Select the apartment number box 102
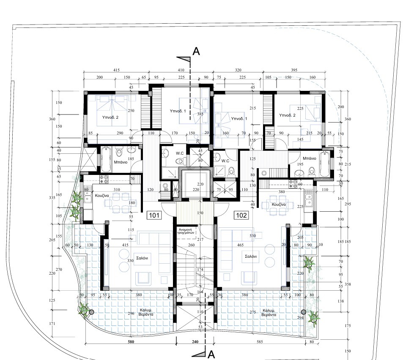pyautogui.click(x=241, y=215)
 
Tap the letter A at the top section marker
pyautogui.click(x=196, y=52)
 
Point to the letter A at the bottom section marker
pyautogui.click(x=211, y=353)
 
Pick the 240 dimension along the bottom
pyautogui.click(x=195, y=342)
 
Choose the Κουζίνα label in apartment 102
pyautogui.click(x=279, y=204)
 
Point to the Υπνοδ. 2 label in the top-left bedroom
pyautogui.click(x=110, y=117)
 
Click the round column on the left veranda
pyautogui.click(x=90, y=312)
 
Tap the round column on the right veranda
pyautogui.click(x=303, y=312)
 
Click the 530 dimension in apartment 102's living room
pyautogui.click(x=252, y=235)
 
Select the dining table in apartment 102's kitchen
pyautogui.click(x=271, y=205)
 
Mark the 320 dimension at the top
pyautogui.click(x=239, y=70)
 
